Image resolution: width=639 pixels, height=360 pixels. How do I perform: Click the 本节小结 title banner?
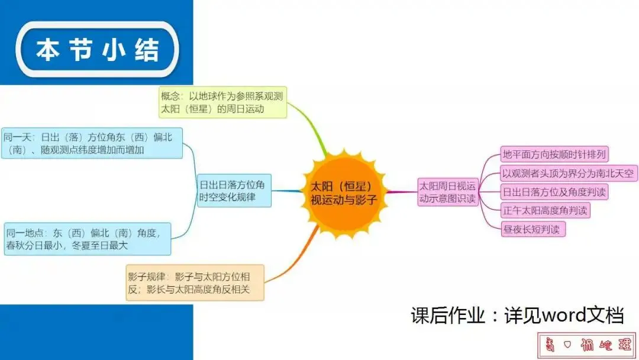[97, 50]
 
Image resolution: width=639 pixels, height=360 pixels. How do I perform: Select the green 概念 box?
[222, 102]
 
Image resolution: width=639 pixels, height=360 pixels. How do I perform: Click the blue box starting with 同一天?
[92, 143]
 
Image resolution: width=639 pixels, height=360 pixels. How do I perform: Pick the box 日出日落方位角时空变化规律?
[234, 190]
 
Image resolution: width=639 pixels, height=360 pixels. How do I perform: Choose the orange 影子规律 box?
[195, 282]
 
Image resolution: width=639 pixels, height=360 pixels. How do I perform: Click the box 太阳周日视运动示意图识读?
[448, 192]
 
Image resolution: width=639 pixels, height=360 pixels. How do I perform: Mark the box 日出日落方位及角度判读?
[554, 192]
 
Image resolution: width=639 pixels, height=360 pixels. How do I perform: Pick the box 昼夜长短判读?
[532, 229]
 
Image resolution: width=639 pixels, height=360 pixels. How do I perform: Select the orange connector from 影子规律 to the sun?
[296, 261]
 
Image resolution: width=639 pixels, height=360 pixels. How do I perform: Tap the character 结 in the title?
[147, 50]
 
